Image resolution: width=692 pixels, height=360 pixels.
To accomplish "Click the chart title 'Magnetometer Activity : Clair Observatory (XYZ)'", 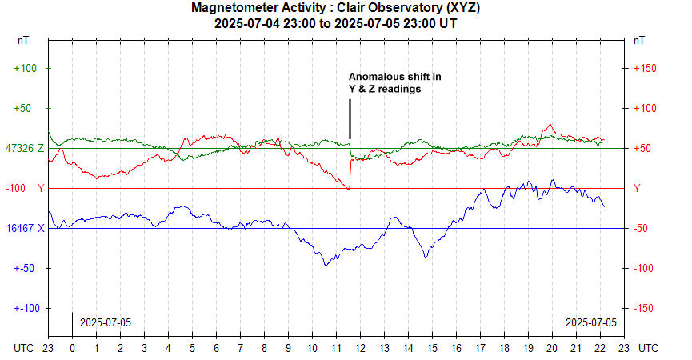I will tap(336, 8).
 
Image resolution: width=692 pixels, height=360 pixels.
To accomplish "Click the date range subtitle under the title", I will tap(336, 23).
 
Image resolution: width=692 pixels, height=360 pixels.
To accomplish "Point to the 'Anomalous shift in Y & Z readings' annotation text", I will tap(394, 83).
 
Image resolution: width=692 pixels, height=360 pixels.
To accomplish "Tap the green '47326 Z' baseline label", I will tap(24, 148).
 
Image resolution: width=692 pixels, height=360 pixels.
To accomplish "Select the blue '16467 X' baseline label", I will tap(25, 228).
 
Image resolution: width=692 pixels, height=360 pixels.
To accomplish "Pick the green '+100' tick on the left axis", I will tap(26, 68).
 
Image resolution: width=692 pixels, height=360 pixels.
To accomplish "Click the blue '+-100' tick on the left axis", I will tap(26, 308).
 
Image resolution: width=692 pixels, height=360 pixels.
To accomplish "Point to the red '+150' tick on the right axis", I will tap(645, 68).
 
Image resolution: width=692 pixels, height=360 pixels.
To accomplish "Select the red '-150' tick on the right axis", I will tap(645, 308).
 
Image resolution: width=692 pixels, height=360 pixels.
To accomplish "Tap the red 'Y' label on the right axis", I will tap(637, 188).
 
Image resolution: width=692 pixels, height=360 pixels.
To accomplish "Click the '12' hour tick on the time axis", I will tap(360, 349).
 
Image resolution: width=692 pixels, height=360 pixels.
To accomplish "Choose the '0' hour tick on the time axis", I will tap(72, 349).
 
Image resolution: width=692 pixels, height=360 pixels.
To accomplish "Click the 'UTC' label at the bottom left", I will tap(25, 349).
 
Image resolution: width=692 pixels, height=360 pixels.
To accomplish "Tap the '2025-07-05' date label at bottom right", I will tap(591, 322).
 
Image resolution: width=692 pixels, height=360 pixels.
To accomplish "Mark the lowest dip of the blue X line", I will tap(326, 265).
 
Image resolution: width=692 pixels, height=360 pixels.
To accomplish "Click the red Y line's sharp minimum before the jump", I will tap(348, 189).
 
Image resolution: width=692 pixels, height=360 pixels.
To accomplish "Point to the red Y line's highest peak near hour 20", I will tap(550, 125).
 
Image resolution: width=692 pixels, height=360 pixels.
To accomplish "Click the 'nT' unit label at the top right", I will tap(639, 39).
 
